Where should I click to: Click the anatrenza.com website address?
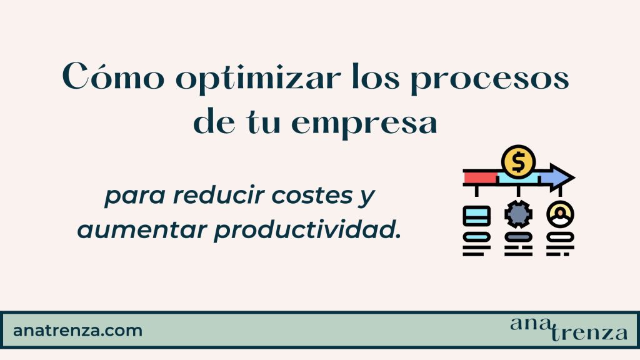point(77,330)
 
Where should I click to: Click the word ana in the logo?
point(529,323)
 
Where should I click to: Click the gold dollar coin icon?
point(518,162)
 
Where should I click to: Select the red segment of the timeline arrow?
point(480,178)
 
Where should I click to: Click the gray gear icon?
point(518,215)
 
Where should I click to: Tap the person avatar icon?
point(559,215)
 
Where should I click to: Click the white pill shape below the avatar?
point(559,237)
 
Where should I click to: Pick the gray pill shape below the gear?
point(518,237)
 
